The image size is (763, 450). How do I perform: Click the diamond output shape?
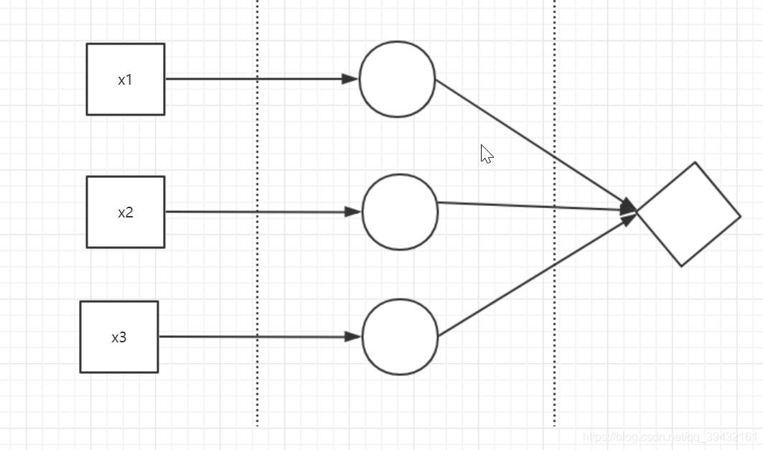(688, 214)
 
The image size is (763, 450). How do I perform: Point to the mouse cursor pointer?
(486, 153)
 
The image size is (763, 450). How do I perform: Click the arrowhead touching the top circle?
(350, 79)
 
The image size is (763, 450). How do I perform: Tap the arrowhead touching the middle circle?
(352, 212)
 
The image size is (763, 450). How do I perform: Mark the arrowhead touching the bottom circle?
(352, 337)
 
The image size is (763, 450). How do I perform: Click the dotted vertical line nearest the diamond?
(554, 323)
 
